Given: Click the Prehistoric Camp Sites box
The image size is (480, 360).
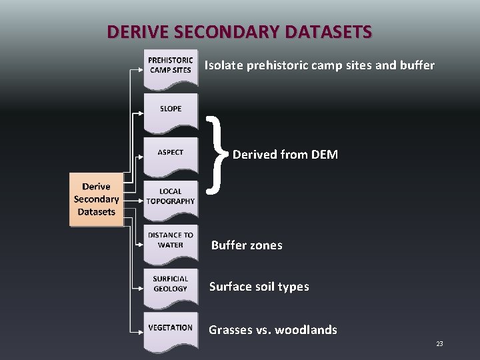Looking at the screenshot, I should (171, 66).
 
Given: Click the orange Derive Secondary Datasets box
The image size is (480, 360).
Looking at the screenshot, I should (97, 199).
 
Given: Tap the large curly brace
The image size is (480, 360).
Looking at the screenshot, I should (215, 155).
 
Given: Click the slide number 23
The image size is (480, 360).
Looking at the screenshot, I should (439, 343).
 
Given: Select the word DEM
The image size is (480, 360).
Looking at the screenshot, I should (324, 155).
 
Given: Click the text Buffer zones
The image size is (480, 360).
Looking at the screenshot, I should (247, 245).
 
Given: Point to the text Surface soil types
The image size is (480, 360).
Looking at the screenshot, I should (259, 287).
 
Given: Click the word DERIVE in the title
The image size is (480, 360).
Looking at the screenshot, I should (134, 31).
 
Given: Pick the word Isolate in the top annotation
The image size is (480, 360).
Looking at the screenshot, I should (223, 65).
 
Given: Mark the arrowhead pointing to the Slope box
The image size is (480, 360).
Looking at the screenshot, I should (140, 113).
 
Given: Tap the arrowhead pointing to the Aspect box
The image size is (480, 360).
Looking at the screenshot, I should (140, 157).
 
